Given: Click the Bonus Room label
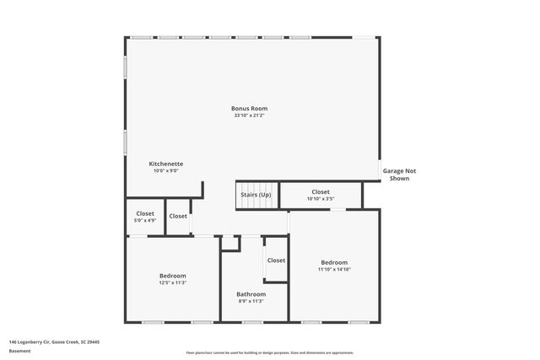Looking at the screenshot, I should (x=250, y=108).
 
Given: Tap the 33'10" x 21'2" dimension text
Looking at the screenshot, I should (x=250, y=116).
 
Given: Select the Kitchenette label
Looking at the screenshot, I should (x=166, y=164).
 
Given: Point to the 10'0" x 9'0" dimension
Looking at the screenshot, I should (x=166, y=171).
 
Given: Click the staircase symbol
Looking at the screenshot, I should (x=255, y=195).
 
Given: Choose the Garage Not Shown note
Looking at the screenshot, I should (x=399, y=175).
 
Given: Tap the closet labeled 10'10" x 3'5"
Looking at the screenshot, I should (x=321, y=195).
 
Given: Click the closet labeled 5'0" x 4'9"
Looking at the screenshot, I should (x=144, y=217).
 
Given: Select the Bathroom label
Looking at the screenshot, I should (x=251, y=293).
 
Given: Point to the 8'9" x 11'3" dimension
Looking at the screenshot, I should (x=251, y=301).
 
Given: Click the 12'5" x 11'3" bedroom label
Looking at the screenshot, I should (x=173, y=276).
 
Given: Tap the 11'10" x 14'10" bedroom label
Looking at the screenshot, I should (x=334, y=262).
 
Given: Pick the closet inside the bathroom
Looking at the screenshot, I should (x=276, y=261).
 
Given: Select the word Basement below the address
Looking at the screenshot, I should (x=19, y=351).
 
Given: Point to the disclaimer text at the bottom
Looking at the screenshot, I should (x=270, y=352).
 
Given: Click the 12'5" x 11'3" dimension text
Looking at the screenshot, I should (x=173, y=283).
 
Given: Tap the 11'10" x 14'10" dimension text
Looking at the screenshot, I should (x=334, y=270).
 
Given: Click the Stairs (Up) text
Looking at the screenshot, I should (x=256, y=195).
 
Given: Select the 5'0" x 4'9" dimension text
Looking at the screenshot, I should (x=144, y=221).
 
